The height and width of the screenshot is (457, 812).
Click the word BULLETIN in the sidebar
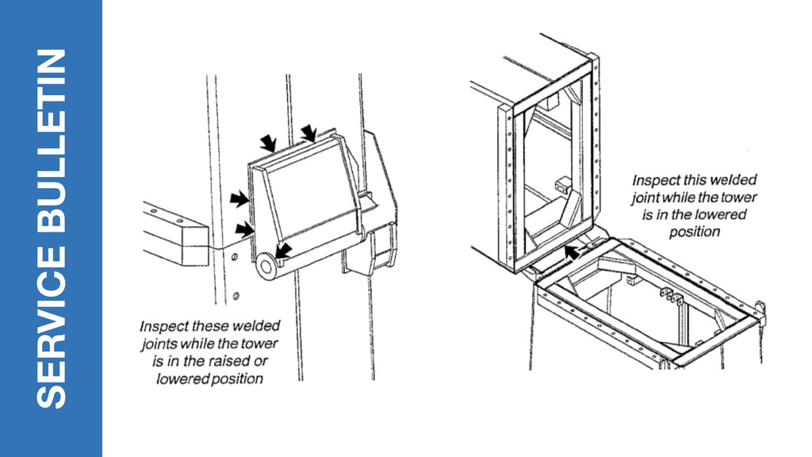click(52, 149)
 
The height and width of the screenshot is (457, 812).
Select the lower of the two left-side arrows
click(246, 229)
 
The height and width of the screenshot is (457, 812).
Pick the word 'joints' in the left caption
click(159, 344)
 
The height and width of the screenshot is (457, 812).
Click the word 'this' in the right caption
click(679, 181)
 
